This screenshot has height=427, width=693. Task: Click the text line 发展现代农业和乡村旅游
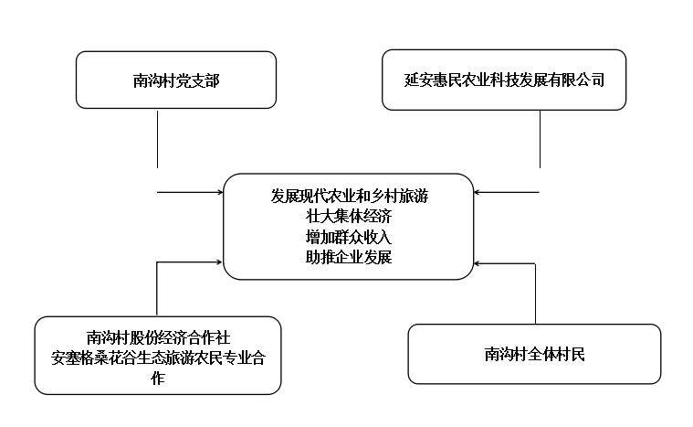[349, 196]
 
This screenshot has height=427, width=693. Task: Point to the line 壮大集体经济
[349, 217]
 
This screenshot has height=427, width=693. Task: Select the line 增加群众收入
[349, 237]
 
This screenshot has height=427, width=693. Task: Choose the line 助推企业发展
[349, 257]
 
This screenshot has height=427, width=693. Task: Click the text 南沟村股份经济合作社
[158, 337]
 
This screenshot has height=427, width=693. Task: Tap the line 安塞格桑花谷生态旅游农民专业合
[158, 358]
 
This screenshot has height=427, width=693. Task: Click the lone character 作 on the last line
[158, 379]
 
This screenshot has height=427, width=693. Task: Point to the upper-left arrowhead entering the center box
[220, 192]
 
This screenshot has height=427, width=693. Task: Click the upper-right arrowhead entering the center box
[477, 192]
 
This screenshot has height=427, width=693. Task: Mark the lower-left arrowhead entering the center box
[218, 262]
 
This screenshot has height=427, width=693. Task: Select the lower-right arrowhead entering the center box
[477, 263]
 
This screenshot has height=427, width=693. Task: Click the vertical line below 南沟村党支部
[157, 139]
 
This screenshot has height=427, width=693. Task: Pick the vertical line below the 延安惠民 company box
[540, 139]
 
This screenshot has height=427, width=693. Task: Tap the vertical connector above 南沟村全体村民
[535, 294]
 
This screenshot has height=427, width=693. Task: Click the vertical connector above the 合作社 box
[157, 289]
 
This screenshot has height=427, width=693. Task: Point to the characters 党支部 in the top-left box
[198, 80]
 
